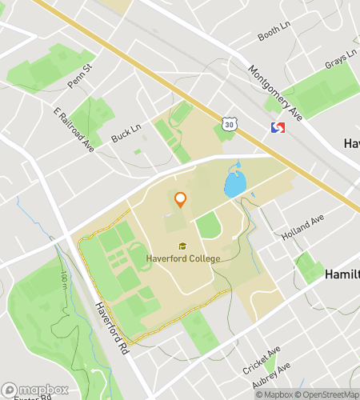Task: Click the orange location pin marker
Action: [x=180, y=199]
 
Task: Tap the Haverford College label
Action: [x=183, y=258]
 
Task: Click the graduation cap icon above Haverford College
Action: [x=182, y=246]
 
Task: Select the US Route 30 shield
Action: [x=230, y=125]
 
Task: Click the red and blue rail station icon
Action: [x=279, y=128]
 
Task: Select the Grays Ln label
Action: [x=339, y=61]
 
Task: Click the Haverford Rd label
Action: [x=110, y=323]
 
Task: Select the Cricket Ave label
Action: [x=262, y=361]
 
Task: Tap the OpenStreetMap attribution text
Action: [x=324, y=394]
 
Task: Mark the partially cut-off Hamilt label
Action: [x=342, y=274]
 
